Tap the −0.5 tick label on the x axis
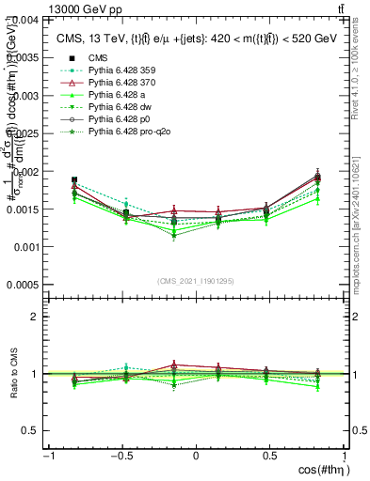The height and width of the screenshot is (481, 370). click(x=120, y=456)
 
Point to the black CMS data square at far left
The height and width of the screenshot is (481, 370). click(x=74, y=179)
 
